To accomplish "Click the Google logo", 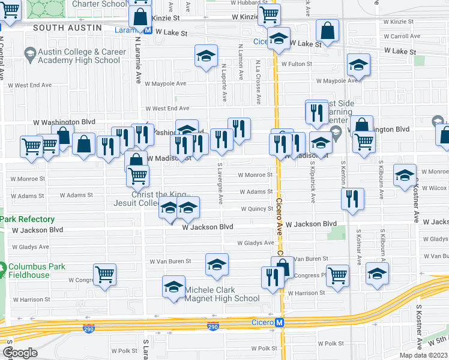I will (21, 353).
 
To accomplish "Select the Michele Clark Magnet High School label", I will (222, 294).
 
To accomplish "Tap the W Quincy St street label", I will (257, 209).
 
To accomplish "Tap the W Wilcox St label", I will (433, 188).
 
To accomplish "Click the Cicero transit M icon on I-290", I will (279, 323).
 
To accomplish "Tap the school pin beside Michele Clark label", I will (173, 286).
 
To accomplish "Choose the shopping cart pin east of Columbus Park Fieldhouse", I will (105, 274).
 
